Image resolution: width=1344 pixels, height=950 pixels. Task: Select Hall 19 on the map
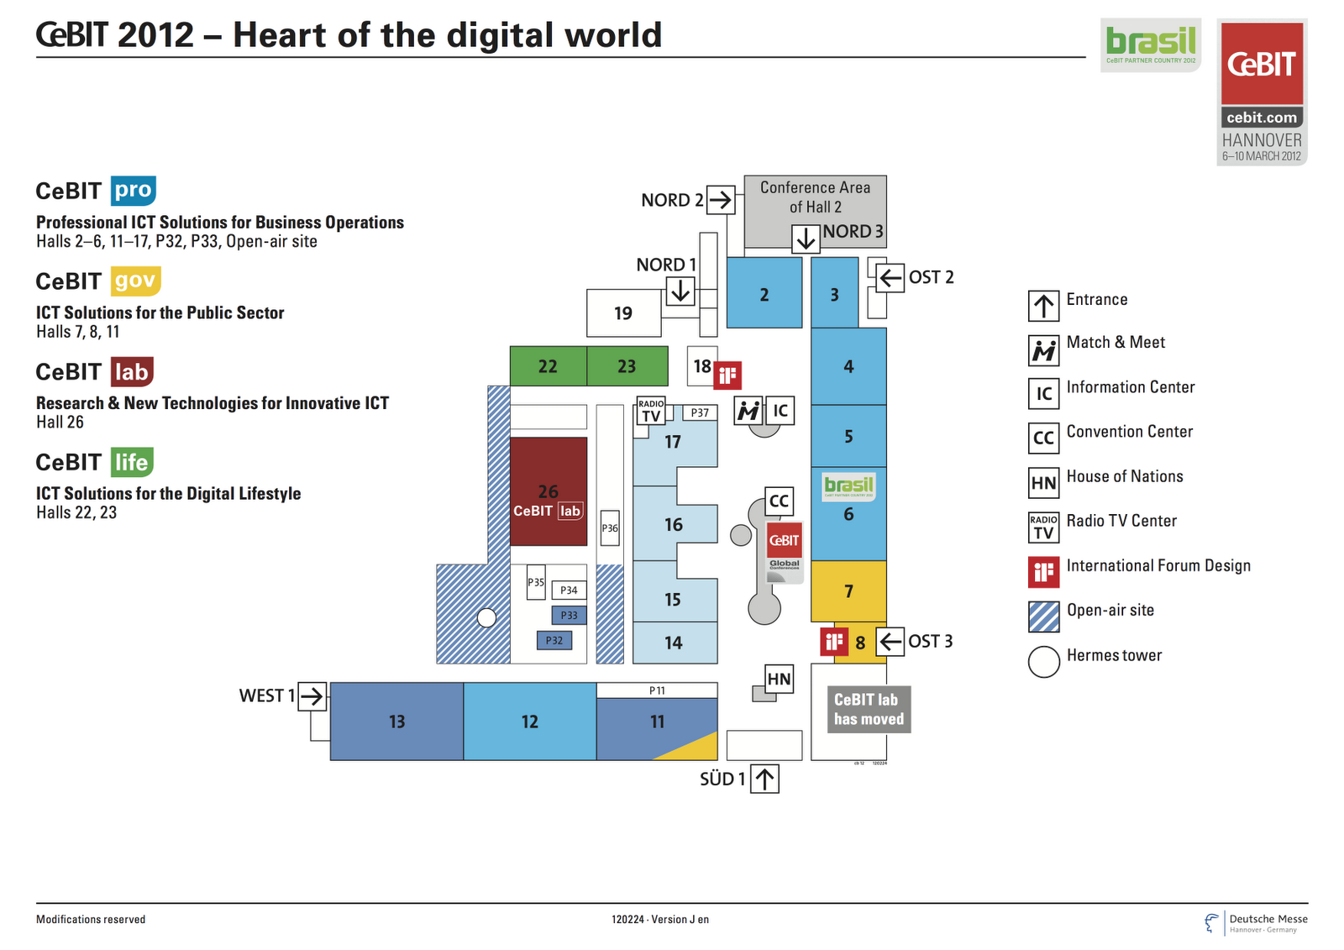tap(623, 313)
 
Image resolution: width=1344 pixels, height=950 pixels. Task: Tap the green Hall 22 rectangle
tap(548, 366)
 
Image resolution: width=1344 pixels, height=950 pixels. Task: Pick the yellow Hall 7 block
tap(848, 591)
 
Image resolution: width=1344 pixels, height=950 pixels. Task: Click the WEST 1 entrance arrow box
tap(312, 696)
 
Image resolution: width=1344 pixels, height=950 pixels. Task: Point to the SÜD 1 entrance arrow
tap(764, 779)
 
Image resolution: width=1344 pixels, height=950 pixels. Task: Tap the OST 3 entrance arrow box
tap(890, 642)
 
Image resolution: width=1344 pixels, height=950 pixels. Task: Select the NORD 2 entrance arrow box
tap(720, 200)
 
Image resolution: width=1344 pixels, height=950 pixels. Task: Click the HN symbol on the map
tap(779, 679)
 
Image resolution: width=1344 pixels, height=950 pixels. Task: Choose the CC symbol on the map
tap(779, 501)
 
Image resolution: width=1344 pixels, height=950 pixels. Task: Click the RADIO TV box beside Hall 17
tap(651, 411)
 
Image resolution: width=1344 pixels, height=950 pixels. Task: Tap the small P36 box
tap(610, 528)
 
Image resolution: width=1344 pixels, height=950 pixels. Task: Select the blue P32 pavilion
tap(554, 640)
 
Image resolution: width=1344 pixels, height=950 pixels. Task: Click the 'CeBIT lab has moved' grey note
tap(869, 710)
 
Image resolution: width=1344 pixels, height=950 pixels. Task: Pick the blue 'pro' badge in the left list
tap(134, 191)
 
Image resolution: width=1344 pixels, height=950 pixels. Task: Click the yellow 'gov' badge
tap(135, 281)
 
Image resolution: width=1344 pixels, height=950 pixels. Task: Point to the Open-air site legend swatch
tap(1043, 617)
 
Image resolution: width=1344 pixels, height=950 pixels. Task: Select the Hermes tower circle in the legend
tap(1043, 662)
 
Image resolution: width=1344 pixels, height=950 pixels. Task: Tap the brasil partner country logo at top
tap(1151, 45)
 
